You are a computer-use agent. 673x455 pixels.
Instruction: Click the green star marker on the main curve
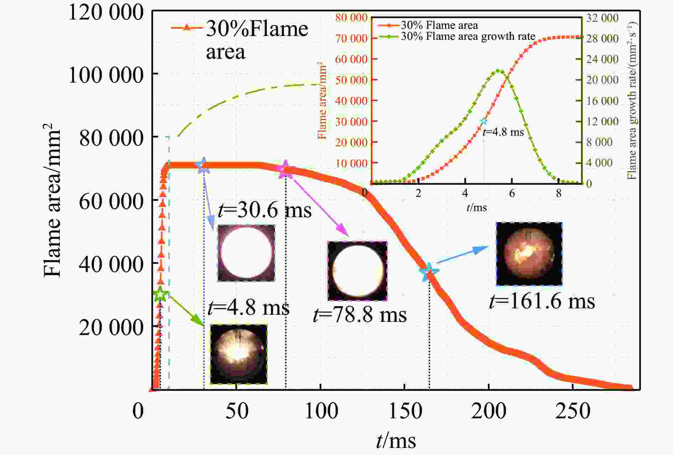[x=161, y=294]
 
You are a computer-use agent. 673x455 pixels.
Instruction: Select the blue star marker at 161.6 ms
[x=429, y=272]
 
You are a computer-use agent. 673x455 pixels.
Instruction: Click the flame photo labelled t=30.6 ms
[x=246, y=253]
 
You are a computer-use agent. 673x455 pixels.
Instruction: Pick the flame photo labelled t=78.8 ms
[x=358, y=271]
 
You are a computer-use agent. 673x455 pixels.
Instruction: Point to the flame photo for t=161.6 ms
[x=529, y=253]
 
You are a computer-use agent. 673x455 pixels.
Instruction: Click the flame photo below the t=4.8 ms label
[x=239, y=354]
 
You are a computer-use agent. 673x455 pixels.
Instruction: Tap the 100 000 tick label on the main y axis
[x=106, y=75]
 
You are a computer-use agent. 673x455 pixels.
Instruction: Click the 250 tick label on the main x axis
[x=573, y=411]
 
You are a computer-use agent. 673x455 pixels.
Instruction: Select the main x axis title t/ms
[x=396, y=441]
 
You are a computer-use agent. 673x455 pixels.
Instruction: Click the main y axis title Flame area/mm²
[x=52, y=200]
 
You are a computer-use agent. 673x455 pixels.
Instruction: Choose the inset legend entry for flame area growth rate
[x=468, y=36]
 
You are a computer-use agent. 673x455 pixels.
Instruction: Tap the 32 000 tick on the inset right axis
[x=602, y=17]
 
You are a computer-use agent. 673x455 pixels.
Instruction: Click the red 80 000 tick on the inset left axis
[x=351, y=17]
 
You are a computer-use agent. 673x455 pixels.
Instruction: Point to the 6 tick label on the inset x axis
[x=512, y=193]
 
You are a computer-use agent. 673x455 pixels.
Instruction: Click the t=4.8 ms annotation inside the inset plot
[x=503, y=132]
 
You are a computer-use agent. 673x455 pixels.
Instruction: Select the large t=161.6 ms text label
[x=542, y=301]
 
